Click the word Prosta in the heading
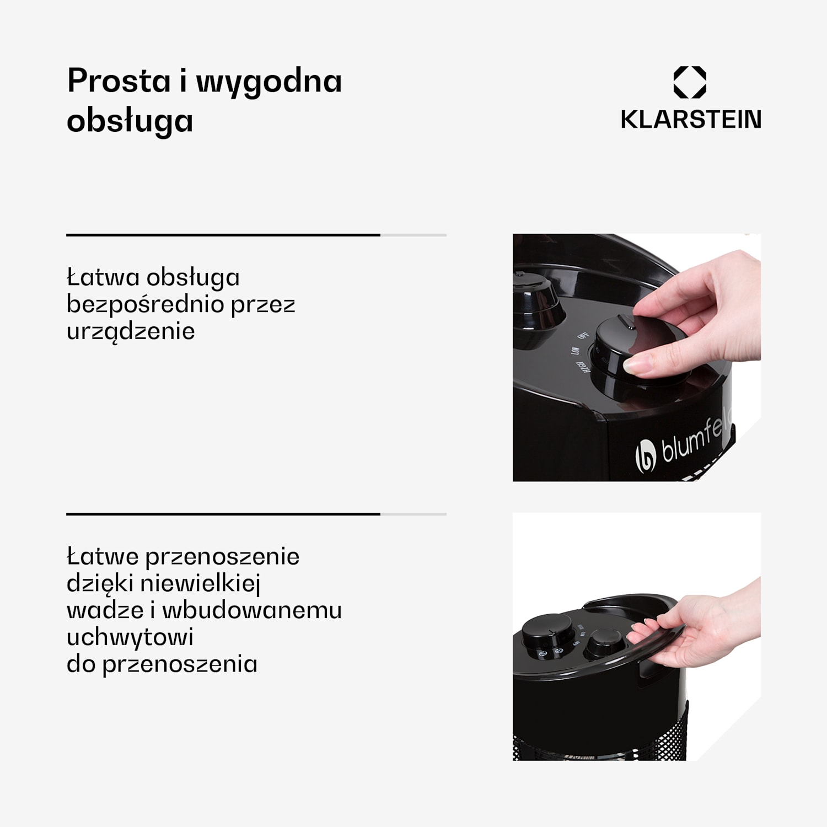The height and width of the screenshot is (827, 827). (119, 81)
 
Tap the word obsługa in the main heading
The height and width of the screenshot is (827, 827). (130, 121)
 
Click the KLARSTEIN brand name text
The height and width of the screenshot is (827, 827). (690, 120)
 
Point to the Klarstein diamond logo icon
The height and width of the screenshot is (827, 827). (690, 82)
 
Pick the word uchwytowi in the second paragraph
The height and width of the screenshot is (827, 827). (130, 637)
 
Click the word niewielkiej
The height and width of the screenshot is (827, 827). (200, 583)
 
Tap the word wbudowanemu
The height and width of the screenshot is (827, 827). (252, 610)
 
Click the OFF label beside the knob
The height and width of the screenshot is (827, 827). (583, 335)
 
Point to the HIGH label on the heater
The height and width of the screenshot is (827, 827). (581, 366)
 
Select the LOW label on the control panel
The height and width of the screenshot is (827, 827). (575, 351)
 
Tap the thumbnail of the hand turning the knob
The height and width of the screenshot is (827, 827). (637, 357)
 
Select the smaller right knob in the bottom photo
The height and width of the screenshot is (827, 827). (605, 642)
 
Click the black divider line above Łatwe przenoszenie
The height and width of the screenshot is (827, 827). (223, 514)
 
